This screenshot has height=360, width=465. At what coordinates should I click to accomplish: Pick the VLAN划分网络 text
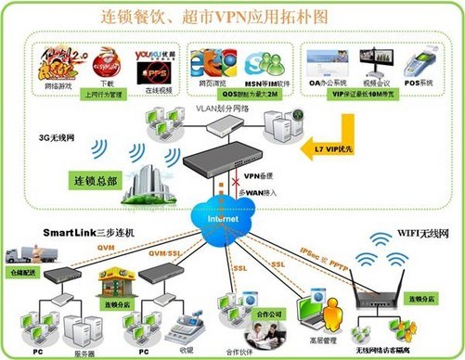click(224, 109)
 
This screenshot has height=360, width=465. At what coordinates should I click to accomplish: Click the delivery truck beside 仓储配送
click(24, 256)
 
